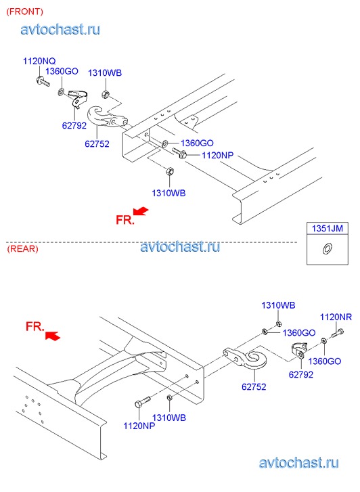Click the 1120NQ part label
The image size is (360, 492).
point(39,61)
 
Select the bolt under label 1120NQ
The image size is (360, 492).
point(43,82)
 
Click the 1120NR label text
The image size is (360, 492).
point(336,317)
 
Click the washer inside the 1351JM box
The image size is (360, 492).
point(327,248)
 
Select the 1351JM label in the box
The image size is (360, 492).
point(328,228)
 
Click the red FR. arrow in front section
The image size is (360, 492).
point(141,211)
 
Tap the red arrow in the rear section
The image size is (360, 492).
point(53,336)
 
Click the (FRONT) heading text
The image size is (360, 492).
point(25,12)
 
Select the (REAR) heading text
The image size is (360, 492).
point(22,249)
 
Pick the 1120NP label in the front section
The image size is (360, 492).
point(217,155)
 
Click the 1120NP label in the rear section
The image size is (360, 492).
point(139,426)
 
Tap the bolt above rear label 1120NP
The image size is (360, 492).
point(143,402)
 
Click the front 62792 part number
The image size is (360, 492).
point(74,125)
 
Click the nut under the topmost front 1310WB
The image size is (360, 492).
point(106,94)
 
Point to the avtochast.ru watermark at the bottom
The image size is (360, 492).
point(299,463)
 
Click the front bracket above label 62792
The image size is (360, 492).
point(78,98)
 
